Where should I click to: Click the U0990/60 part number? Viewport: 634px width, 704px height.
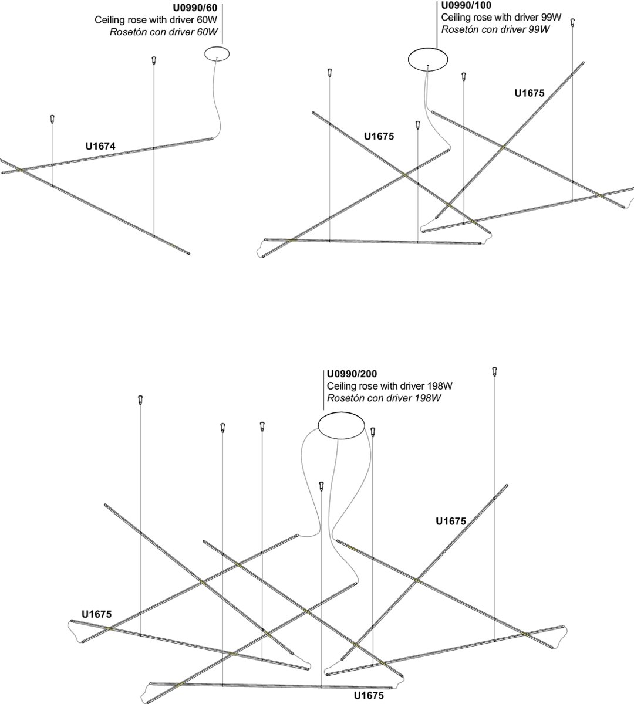point(194,9)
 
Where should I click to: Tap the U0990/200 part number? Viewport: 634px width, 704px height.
point(352,374)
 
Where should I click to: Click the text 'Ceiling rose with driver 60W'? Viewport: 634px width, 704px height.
point(156,20)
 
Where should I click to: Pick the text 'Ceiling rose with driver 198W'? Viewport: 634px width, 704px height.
point(389,386)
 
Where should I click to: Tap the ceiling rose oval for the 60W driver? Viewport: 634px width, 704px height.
point(217,54)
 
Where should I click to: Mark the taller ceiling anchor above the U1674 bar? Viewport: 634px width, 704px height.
point(153,60)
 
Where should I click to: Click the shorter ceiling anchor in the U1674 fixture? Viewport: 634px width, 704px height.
point(52,119)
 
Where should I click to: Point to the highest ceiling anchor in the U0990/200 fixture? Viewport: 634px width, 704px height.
point(494,371)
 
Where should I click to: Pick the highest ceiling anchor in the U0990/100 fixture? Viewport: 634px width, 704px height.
point(573,22)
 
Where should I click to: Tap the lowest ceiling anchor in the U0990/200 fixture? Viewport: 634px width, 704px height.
point(321,486)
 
